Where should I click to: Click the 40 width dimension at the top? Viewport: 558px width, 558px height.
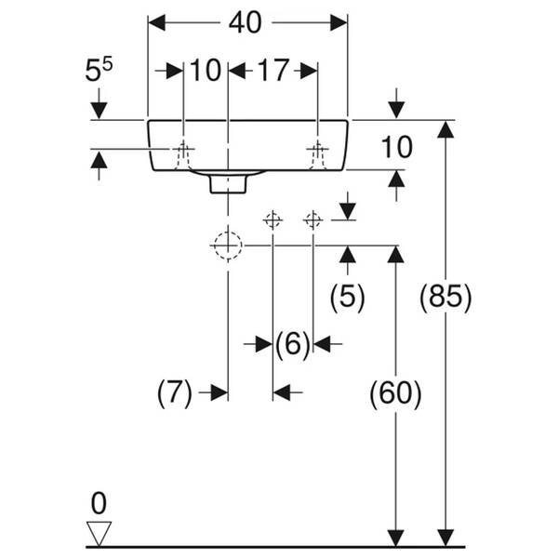coord(246,22)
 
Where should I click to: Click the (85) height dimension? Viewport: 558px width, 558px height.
coord(446,297)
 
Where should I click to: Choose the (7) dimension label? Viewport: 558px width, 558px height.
coord(174,392)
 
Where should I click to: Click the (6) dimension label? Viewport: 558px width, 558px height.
coord(292,345)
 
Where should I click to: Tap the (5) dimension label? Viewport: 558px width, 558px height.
coord(348,297)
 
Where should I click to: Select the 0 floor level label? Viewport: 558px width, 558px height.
coord(99,504)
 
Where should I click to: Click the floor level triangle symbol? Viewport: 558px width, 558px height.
coord(99,532)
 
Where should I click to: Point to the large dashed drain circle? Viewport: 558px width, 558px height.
coord(227,246)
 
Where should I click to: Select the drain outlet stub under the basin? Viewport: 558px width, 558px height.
coord(227,182)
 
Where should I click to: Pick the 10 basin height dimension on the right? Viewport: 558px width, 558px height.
coord(396,146)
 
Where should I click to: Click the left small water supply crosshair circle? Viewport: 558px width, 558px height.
coord(272,219)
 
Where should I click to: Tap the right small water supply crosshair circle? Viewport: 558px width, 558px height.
coord(313,219)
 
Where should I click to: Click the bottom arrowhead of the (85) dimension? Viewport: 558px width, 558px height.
coord(446,538)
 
